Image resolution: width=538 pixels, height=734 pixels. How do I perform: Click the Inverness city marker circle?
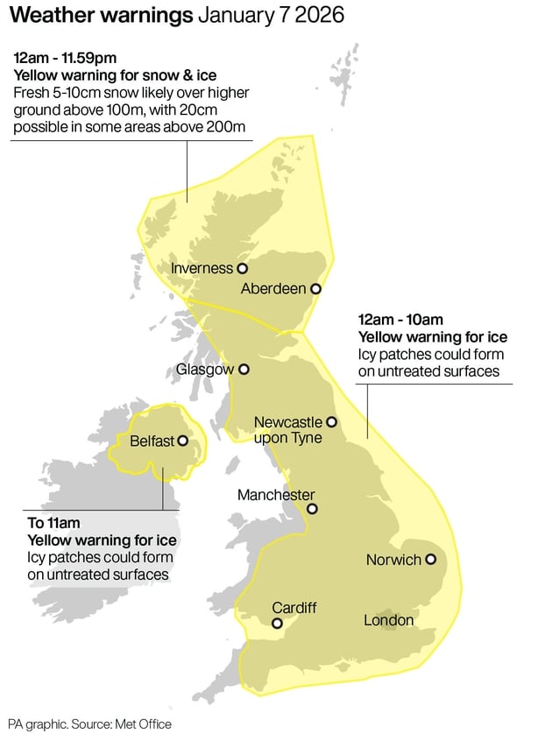click(242, 269)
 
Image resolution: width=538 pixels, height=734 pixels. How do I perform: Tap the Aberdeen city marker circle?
click(315, 288)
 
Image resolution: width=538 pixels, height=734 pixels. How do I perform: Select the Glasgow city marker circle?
click(244, 370)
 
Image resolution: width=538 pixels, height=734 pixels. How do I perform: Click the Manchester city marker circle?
click(311, 509)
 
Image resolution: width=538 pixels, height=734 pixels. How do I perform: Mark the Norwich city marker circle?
click(430, 559)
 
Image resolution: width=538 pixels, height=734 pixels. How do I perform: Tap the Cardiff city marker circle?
click(277, 624)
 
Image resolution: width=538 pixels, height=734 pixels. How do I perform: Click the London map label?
click(388, 620)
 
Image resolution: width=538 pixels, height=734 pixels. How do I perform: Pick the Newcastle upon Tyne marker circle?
click(331, 422)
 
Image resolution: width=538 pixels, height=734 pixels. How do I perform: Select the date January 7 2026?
click(271, 16)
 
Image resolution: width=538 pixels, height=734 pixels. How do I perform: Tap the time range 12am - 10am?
click(400, 319)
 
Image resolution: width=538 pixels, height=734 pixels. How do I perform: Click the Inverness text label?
click(202, 269)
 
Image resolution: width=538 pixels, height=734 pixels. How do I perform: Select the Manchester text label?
click(276, 495)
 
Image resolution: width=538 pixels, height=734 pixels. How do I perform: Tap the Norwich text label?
click(393, 560)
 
